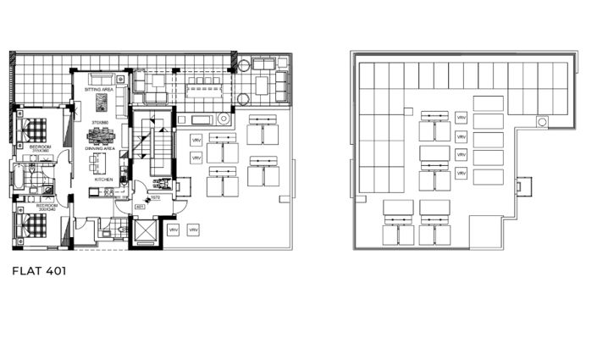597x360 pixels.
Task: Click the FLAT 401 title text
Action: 40,273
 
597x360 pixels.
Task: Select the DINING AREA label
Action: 99,149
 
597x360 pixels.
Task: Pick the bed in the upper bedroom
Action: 34,131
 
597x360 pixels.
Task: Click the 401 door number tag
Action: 139,206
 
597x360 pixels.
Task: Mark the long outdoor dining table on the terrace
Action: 202,83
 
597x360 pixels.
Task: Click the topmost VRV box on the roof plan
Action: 462,118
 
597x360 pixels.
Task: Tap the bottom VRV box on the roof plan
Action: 462,174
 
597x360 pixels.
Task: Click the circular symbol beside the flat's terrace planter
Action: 224,120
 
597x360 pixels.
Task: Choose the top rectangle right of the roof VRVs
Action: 488,103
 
